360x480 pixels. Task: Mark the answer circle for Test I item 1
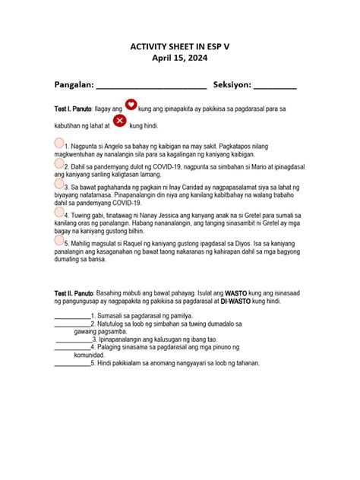click(59, 143)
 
